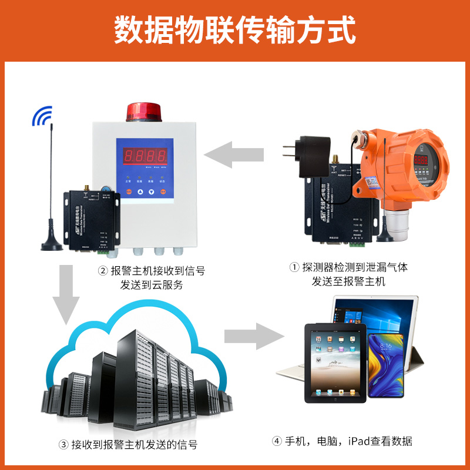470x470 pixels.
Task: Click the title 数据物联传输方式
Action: pos(235,30)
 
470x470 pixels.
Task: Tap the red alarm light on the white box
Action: pos(143,111)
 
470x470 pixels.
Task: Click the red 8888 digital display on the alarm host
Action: pos(145,156)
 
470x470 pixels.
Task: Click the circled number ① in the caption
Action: pos(294,268)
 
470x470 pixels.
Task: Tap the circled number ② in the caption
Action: pos(103,271)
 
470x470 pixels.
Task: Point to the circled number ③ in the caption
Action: pos(63,445)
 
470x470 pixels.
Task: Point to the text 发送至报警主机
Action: pos(348,281)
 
